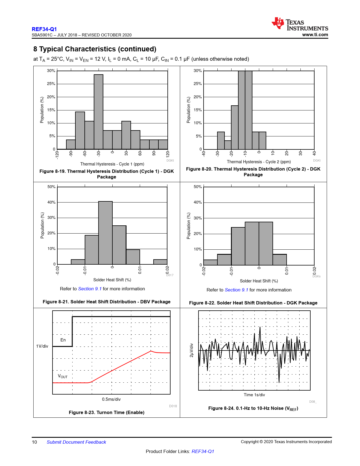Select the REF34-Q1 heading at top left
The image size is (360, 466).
[44, 29]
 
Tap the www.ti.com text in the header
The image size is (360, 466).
[315, 35]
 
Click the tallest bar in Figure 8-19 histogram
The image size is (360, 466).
[99, 112]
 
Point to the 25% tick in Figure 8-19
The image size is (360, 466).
[51, 84]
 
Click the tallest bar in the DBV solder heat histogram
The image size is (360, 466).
[105, 233]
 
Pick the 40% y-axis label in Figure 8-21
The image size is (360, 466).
[51, 202]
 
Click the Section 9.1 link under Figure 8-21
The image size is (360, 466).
[90, 289]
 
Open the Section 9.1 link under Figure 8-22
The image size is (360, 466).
[236, 290]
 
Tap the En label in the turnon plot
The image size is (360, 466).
[63, 340]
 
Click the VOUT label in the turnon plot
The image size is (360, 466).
[63, 376]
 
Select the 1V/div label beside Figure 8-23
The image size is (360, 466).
[42, 346]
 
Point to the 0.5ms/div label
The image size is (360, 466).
[111, 399]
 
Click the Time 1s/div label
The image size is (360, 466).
[254, 395]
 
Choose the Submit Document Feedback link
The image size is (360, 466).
[76, 442]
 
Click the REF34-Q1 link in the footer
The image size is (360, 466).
[203, 451]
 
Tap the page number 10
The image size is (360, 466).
[34, 442]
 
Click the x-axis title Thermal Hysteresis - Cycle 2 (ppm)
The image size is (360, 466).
[259, 162]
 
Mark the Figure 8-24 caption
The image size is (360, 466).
[253, 408]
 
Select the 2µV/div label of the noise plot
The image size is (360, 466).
[191, 350]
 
